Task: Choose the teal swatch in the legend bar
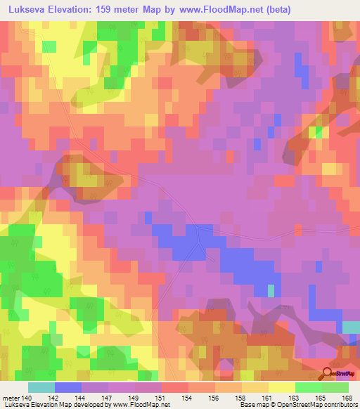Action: [x=41, y=387]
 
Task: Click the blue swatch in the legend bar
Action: [x=68, y=387]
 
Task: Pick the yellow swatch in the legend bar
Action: [x=281, y=387]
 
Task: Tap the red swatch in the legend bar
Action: [x=175, y=387]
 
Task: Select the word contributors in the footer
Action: [x=339, y=404]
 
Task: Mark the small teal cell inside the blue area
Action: [x=271, y=290]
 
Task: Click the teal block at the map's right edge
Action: [x=350, y=327]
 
